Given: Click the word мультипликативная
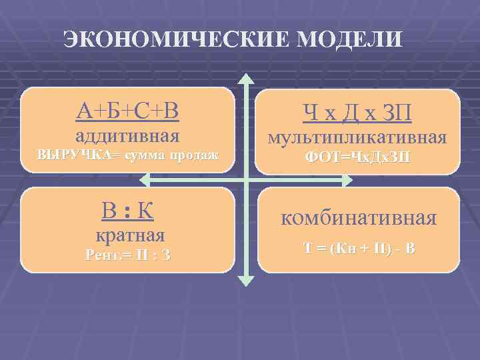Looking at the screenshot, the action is [357, 138].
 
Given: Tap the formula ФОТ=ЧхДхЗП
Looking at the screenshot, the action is [357, 157].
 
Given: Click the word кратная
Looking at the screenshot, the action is [127, 235].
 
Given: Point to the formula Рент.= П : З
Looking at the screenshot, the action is [127, 254].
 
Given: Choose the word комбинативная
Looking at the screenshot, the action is [359, 218].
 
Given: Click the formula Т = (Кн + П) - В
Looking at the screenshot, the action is [359, 249].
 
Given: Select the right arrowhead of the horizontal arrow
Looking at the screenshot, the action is [346, 179].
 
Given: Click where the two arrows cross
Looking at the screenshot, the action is [246, 179].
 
